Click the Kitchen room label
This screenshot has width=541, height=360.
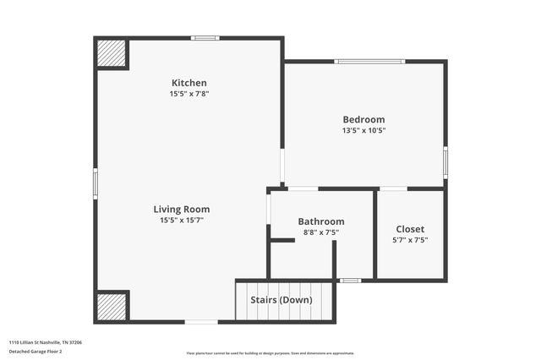189,83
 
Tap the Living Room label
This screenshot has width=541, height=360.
182,209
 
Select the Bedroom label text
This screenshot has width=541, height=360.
363,120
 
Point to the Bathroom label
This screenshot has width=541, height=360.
321,221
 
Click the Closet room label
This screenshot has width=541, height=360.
410,229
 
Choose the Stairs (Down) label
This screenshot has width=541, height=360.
281,300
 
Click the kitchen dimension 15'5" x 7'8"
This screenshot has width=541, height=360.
189,94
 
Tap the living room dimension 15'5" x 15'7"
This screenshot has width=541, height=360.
182,220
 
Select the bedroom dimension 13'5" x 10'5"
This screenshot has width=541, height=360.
363,131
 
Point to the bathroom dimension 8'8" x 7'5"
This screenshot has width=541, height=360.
321,232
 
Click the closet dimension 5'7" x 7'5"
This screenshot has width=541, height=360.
410,240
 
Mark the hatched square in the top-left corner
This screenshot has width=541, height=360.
110,53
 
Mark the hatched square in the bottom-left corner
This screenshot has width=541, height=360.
110,305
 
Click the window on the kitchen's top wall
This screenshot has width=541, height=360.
205,38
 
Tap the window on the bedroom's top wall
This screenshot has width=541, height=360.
369,61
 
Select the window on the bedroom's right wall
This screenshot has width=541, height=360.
445,161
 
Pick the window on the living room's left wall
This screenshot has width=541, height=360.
96,183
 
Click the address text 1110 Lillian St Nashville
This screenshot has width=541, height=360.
46,342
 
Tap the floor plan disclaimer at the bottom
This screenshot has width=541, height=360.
270,353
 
